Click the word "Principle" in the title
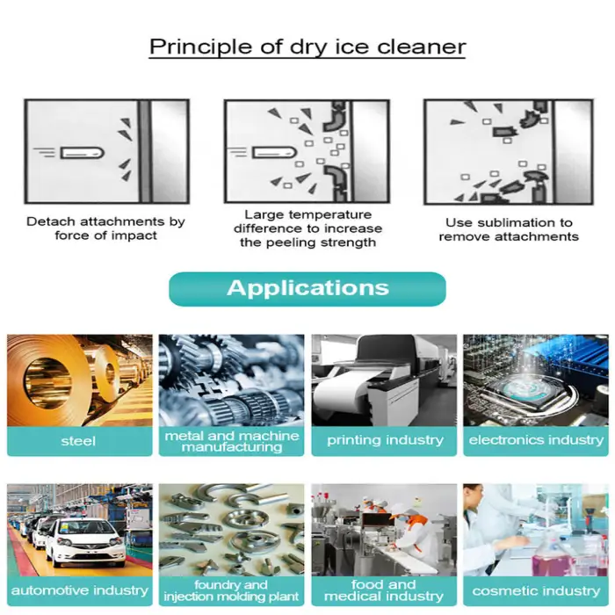click(x=201, y=47)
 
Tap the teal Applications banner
click(x=307, y=289)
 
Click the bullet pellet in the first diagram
click(x=83, y=153)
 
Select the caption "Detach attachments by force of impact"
click(x=106, y=228)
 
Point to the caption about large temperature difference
click(x=307, y=228)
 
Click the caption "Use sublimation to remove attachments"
click(x=509, y=229)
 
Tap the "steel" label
click(x=78, y=441)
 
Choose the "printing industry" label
click(x=385, y=440)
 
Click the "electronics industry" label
click(x=536, y=440)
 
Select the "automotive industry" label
click(x=80, y=590)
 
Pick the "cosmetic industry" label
click(x=536, y=591)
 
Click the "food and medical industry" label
click(x=384, y=590)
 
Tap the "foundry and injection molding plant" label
click(x=231, y=591)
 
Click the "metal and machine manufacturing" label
click(x=231, y=441)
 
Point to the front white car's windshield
click(x=85, y=527)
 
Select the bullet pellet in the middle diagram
click(x=274, y=152)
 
